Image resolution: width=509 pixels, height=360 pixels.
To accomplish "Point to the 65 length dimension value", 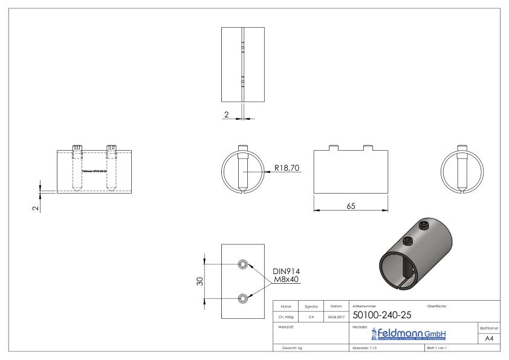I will click(x=351, y=206).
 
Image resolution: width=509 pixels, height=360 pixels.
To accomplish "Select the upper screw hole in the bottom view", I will click(x=243, y=264).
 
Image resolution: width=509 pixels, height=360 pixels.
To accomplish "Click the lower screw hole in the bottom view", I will click(x=243, y=298).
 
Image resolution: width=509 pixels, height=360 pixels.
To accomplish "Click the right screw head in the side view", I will click(x=111, y=147).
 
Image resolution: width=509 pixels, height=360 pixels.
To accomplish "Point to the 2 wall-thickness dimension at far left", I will click(x=36, y=208).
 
